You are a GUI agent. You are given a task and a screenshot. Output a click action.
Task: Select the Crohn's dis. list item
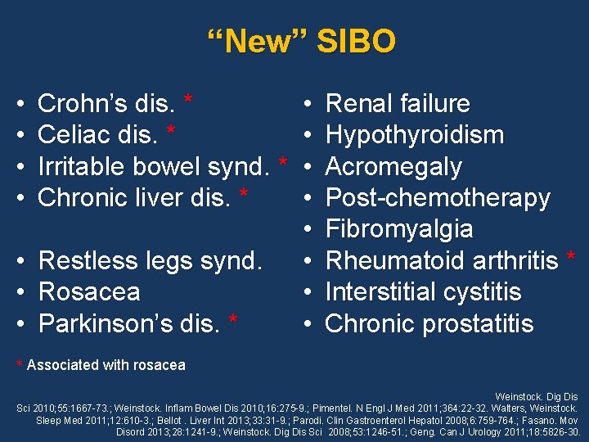(106, 104)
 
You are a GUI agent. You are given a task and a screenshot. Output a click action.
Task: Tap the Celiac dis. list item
(99, 135)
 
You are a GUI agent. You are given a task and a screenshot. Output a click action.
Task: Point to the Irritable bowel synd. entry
(154, 166)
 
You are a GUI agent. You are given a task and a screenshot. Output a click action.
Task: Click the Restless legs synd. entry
(151, 260)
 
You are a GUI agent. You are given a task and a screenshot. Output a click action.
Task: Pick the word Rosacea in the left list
(89, 291)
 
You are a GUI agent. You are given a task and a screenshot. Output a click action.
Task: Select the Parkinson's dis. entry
(129, 323)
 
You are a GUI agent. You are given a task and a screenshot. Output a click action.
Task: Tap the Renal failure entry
(398, 104)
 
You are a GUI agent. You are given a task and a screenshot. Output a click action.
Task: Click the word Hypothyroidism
(414, 135)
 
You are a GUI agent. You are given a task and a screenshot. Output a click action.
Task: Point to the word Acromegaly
(393, 166)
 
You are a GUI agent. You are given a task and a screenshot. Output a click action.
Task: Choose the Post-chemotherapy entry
(438, 197)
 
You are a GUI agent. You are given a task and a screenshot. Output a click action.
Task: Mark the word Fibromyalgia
(399, 229)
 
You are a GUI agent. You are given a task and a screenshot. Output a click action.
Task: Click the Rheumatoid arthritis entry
(442, 260)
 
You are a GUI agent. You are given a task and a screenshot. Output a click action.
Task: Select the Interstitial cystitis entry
(423, 291)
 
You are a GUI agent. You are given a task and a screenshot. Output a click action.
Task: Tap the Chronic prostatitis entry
(429, 323)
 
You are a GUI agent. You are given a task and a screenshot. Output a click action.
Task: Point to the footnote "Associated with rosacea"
(106, 365)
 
